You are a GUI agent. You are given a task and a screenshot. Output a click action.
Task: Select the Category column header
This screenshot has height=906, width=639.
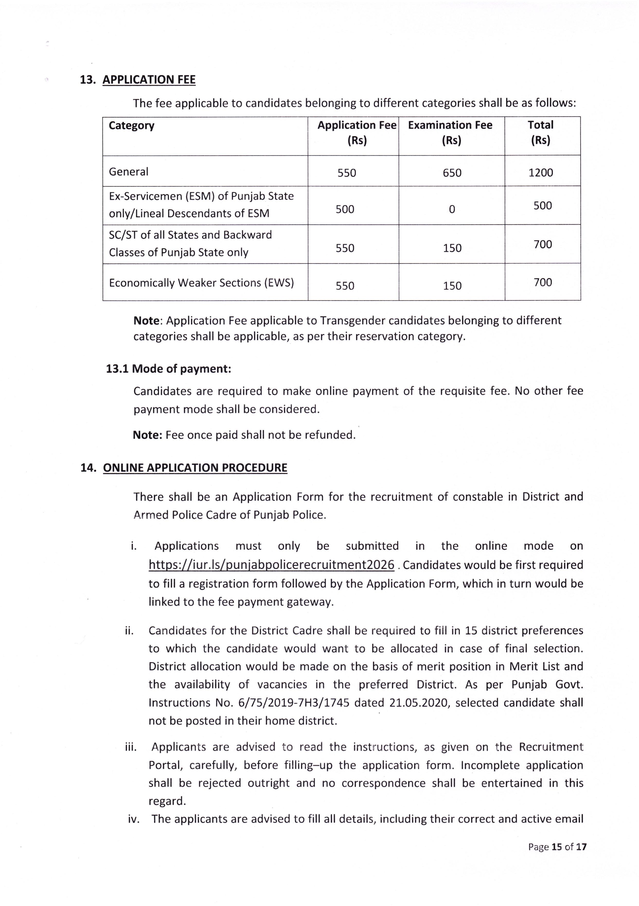131,126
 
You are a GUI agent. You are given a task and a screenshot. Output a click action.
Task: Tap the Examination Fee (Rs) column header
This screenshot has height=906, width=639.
450,133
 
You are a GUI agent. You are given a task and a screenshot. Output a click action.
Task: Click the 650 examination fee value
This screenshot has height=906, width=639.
452,173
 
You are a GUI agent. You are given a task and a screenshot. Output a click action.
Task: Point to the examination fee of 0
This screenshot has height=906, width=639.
452,209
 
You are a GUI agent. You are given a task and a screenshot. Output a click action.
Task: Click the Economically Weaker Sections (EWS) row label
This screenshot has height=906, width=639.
201,283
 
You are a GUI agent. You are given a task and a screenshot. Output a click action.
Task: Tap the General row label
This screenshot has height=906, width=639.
129,172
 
